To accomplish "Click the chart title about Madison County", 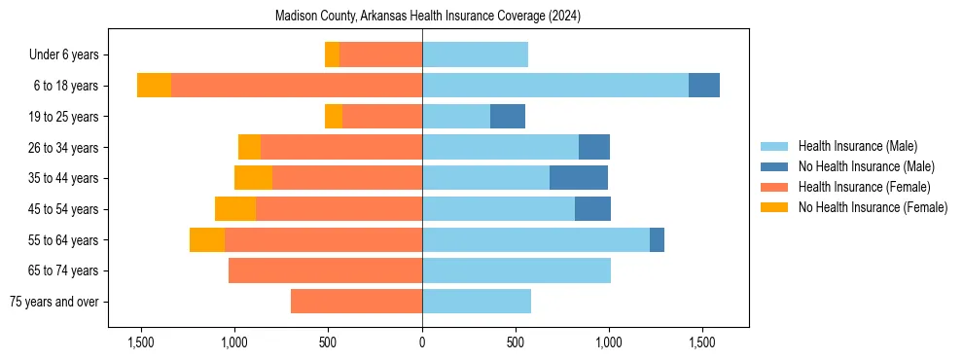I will click(x=428, y=17).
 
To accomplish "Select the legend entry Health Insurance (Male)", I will click(x=857, y=146).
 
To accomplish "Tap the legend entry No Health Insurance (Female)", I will click(x=873, y=207).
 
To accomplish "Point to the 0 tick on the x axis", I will click(x=422, y=342).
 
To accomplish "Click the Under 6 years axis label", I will click(x=70, y=54).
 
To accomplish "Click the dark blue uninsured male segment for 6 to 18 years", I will click(x=704, y=86).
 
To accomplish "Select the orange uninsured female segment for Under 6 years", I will click(x=332, y=54).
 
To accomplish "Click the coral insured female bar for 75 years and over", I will click(x=356, y=302).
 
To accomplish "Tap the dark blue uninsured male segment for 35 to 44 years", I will click(x=579, y=178).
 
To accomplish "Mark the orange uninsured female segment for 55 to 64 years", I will click(x=207, y=239).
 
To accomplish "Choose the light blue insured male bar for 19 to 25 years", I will click(x=456, y=117).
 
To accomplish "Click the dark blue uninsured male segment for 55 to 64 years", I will click(x=657, y=239).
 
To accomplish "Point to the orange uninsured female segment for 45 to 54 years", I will click(x=235, y=209).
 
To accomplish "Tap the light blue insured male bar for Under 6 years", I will click(x=475, y=54).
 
